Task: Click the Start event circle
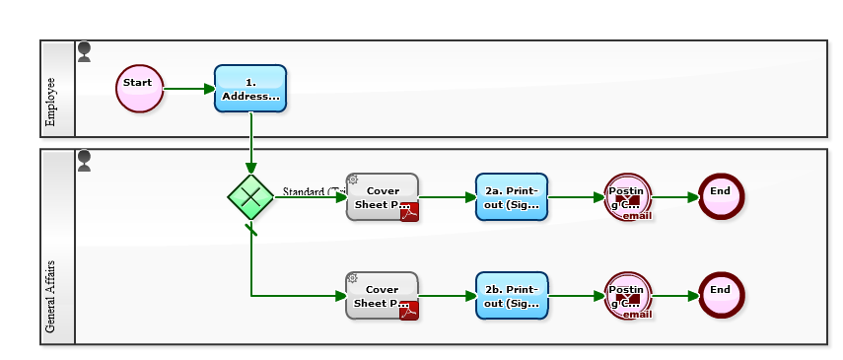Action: [x=139, y=89]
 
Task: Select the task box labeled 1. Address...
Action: [x=250, y=89]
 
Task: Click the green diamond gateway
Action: [x=250, y=196]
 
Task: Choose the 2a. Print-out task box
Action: [x=511, y=196]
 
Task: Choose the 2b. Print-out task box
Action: [x=511, y=295]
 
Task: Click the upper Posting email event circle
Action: [x=628, y=196]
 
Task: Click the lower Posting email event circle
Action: [x=628, y=295]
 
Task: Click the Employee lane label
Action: [x=52, y=103]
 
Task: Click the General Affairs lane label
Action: [x=52, y=296]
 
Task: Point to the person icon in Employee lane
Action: [x=85, y=51]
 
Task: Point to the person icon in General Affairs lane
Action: [x=85, y=161]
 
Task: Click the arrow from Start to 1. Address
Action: [x=188, y=89]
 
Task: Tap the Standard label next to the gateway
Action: [x=312, y=191]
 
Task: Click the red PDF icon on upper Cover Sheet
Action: [x=409, y=212]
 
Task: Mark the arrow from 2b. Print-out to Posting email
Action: [x=576, y=295]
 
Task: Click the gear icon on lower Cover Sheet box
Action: [x=352, y=278]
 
